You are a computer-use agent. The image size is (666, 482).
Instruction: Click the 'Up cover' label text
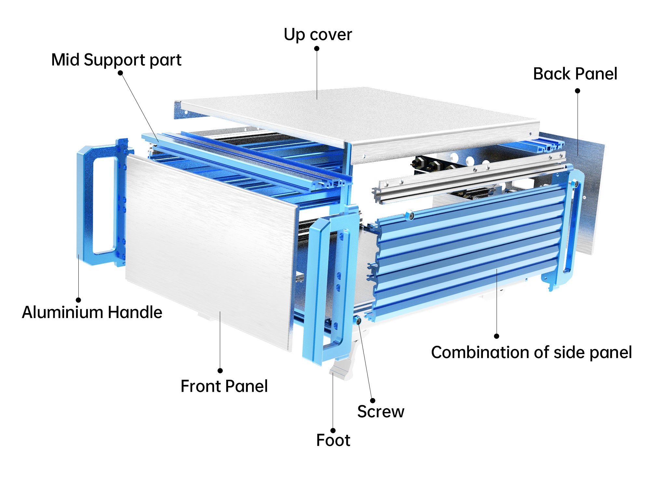[x=318, y=35]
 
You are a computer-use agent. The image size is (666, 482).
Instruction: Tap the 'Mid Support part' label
[x=116, y=60]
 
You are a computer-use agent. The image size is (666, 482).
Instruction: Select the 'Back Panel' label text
[x=575, y=74]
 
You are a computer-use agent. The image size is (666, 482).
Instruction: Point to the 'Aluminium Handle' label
[x=92, y=312]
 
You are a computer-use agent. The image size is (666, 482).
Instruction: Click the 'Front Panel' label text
[x=224, y=386]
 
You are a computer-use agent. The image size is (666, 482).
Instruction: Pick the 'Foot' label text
[x=333, y=441]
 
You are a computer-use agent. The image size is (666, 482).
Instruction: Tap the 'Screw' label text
[x=381, y=412]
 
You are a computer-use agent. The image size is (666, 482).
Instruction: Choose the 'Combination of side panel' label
[x=531, y=352]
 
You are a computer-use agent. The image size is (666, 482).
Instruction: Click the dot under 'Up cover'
[x=317, y=48]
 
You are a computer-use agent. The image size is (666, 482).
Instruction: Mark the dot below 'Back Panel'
[x=578, y=91]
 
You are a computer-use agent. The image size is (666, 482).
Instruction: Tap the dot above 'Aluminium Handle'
[x=78, y=300]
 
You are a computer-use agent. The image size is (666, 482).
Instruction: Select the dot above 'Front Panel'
[x=220, y=371]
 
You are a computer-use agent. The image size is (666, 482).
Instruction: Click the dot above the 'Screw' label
[x=373, y=401]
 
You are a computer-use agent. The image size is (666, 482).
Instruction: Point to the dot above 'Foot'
[x=333, y=431]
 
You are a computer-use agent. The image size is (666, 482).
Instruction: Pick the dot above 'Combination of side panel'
[x=497, y=336]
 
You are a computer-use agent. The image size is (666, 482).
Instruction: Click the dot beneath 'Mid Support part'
[x=120, y=73]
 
